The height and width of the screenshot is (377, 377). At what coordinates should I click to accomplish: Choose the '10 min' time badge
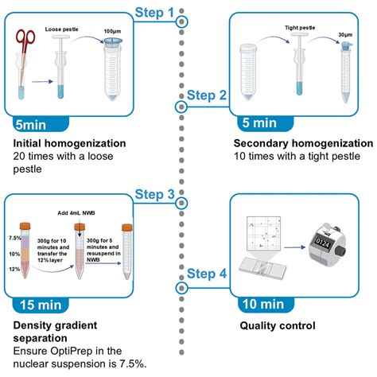(263, 304)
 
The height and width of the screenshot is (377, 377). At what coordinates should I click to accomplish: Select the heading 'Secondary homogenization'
(303, 144)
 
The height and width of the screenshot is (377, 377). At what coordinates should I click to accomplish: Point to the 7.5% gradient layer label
(14, 238)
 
